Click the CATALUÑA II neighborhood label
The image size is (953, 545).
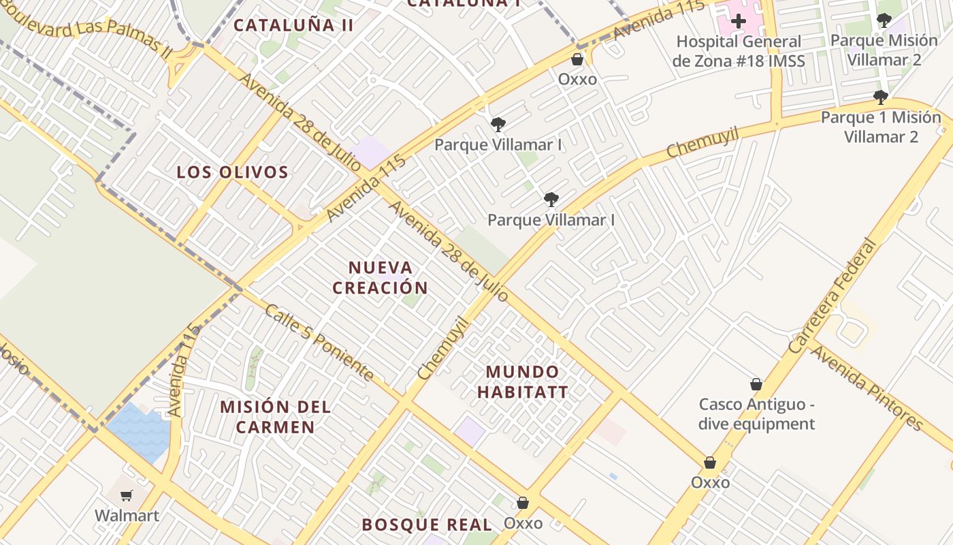tap(293, 25)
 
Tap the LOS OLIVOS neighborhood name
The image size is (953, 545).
tap(232, 172)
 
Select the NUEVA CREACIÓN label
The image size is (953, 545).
tap(381, 277)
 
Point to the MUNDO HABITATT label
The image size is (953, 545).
tap(522, 381)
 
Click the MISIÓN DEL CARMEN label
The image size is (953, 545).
tap(275, 417)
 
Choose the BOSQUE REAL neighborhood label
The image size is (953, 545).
tap(426, 525)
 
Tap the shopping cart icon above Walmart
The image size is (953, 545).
tap(127, 495)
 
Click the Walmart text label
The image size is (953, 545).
tap(127, 515)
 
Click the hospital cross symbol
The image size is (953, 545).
tap(738, 21)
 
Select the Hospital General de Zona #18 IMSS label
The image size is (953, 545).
tap(739, 51)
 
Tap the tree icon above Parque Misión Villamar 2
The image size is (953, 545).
tap(884, 20)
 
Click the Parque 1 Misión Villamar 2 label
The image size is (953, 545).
tap(881, 127)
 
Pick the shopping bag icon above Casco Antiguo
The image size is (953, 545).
tap(756, 384)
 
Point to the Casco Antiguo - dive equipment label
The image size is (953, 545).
tap(756, 414)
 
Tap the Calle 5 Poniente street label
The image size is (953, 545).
tap(319, 343)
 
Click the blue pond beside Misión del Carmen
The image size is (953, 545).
tap(139, 429)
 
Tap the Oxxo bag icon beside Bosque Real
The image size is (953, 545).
tap(523, 503)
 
